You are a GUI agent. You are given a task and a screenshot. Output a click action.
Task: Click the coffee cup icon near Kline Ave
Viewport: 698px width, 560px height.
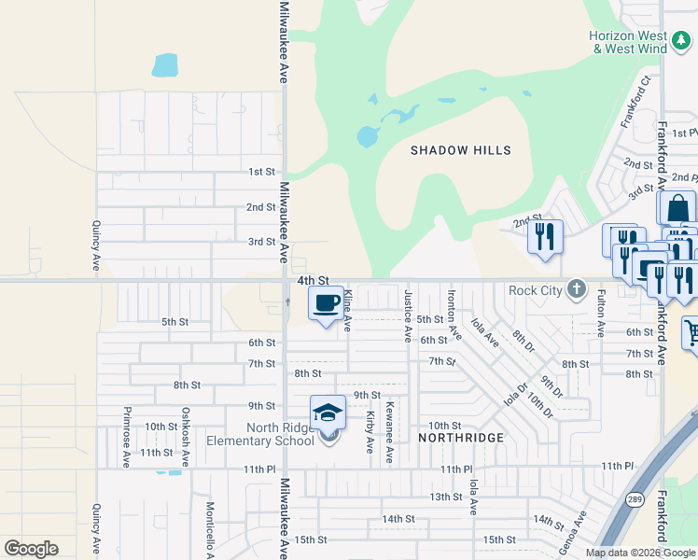(x=326, y=303)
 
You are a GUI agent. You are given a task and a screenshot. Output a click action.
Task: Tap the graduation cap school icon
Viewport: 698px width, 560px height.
(x=328, y=413)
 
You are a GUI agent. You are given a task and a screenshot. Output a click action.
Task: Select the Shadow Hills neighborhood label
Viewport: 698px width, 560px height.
(x=461, y=150)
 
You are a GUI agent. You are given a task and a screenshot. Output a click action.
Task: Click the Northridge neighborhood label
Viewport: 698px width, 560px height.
(x=461, y=438)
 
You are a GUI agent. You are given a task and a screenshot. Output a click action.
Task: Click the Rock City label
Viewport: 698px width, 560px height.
(x=537, y=289)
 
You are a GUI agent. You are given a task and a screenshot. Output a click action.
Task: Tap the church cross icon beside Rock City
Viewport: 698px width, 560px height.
(x=578, y=288)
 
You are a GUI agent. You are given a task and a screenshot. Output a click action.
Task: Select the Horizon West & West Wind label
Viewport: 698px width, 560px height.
(x=628, y=42)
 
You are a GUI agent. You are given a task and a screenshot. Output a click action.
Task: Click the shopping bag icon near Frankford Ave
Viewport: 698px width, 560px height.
(x=677, y=208)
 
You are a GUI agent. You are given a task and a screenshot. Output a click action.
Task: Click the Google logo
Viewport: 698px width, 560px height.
(x=31, y=549)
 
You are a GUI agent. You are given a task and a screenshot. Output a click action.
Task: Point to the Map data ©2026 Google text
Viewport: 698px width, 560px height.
(x=639, y=553)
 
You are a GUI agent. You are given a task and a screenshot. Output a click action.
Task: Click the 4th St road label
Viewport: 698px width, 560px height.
(x=314, y=280)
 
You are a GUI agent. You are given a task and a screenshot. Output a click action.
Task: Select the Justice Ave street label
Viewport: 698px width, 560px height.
(x=408, y=315)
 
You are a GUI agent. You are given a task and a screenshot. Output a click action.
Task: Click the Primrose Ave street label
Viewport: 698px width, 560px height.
(x=125, y=436)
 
